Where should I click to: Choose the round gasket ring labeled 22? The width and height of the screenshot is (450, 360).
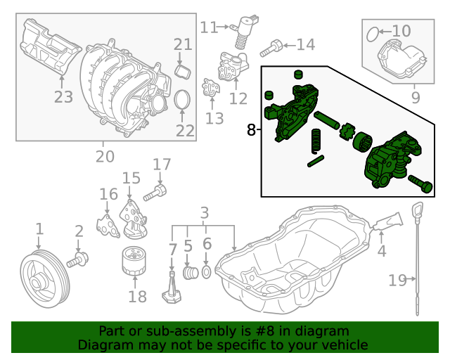tap(181, 100)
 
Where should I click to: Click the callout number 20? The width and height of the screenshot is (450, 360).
tap(105, 157)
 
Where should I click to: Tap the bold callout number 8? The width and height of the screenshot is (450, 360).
tap(252, 129)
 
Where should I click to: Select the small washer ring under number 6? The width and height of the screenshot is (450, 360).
tap(207, 271)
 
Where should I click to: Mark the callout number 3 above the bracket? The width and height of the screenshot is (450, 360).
tap(205, 212)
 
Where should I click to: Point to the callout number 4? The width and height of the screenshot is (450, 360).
tap(382, 250)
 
